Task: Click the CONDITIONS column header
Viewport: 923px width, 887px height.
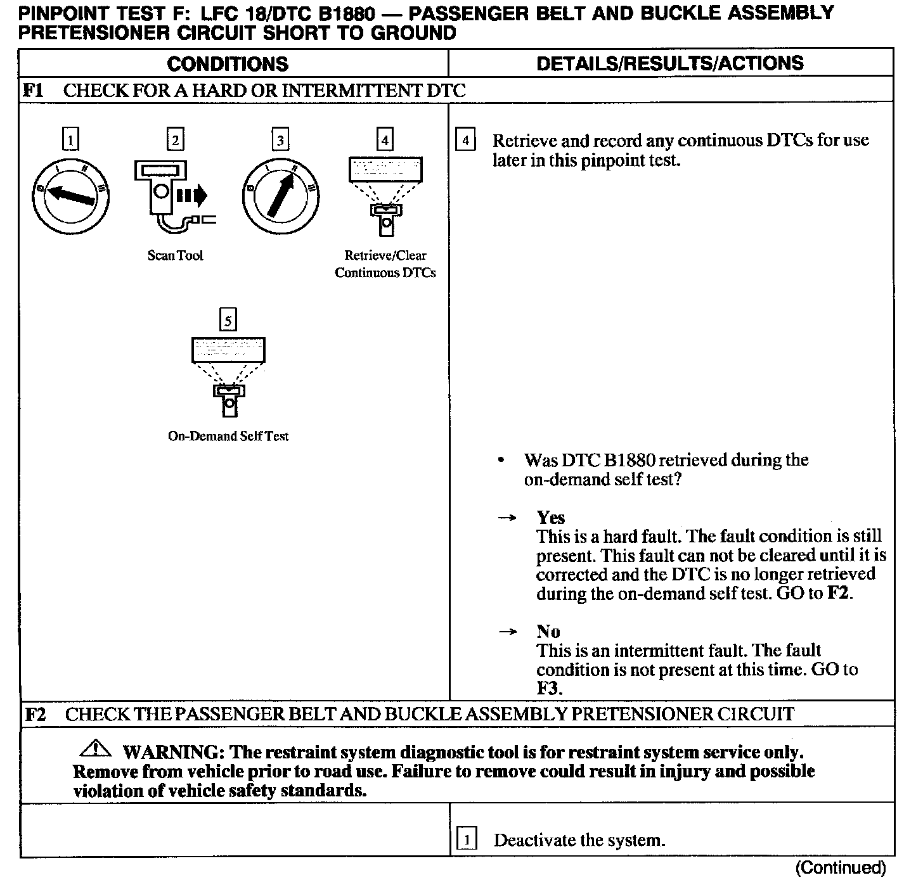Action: point(228,63)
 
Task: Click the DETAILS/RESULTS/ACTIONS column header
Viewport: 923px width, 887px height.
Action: point(669,63)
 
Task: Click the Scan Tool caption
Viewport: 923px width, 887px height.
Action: point(175,255)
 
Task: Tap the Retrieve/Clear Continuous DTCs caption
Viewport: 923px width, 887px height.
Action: point(385,264)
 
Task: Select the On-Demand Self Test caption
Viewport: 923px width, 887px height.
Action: point(228,436)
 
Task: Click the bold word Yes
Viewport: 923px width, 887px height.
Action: point(550,518)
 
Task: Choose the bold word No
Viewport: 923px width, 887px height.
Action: point(548,632)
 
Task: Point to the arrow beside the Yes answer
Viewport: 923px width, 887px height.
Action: point(507,518)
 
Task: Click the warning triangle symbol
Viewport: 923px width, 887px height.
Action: point(96,750)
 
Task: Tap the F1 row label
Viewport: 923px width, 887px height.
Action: point(34,90)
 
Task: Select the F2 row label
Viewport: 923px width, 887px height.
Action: point(35,715)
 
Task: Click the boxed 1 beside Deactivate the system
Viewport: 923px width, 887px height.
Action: point(466,841)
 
